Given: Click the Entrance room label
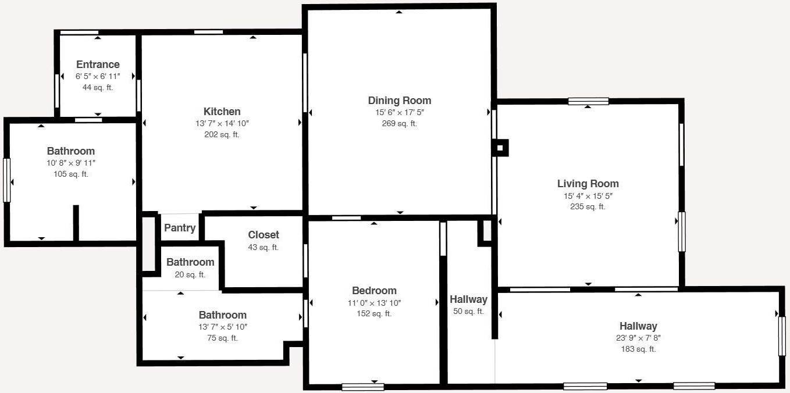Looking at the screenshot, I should coord(98,65).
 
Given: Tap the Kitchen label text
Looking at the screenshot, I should coord(222,112).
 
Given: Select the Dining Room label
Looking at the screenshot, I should coord(399,101).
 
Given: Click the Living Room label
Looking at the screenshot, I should coord(588,184).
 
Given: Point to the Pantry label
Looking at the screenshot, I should coord(180,228).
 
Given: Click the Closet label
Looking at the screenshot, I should coord(264,235).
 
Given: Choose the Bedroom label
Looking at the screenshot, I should coord(374,291).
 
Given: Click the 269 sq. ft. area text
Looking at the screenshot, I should coord(399,123).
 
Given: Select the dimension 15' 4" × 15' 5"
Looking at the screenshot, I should coord(588,196).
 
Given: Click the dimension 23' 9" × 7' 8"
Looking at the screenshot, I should coord(638,338).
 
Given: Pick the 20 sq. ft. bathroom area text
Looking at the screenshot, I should coord(190,274).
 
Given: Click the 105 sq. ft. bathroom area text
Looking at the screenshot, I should coord(70,174).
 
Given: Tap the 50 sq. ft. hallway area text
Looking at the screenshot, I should coord(468,311).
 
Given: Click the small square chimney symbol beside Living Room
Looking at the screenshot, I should coord(500,148).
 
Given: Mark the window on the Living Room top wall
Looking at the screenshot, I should coord(588,101).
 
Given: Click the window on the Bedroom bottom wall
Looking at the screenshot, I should coord(362,387).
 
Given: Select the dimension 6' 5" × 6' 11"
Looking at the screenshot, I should coord(98,76).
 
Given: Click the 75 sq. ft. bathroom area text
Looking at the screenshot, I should coord(223,338).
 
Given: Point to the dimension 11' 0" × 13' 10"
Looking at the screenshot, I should coord(374,302).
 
